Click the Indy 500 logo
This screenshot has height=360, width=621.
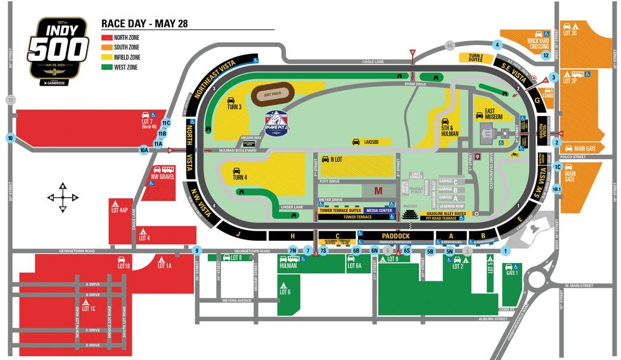coord(58,48)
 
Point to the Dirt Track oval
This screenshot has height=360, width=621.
coord(272,95)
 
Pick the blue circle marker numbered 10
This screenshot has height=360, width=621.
coord(10,138)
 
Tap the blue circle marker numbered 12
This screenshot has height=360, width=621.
coord(546,55)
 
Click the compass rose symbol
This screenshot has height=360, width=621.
coord(63,196)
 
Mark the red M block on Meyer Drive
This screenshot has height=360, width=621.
coord(378,191)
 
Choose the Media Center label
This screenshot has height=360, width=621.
coord(380,210)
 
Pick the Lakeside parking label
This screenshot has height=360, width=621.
coord(371,142)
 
